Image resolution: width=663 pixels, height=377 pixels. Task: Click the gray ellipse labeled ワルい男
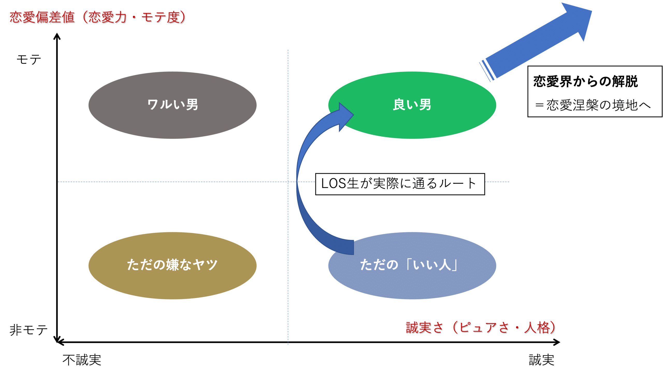172,105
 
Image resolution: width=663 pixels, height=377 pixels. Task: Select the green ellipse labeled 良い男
412,105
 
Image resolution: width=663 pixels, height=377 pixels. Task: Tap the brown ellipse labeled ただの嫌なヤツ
172,265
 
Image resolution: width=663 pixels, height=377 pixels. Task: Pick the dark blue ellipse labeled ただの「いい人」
412,265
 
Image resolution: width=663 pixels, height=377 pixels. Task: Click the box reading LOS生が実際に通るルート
400,184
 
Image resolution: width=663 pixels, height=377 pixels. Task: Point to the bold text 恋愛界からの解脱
585,82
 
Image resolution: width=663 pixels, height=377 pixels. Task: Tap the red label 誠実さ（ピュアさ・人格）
481,328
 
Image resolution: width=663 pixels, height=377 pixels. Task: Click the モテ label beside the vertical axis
29,60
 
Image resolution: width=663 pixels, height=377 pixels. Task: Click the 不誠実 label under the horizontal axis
82,360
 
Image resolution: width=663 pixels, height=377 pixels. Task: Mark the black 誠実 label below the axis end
541,360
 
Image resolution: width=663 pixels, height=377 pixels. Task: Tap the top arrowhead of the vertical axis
57,36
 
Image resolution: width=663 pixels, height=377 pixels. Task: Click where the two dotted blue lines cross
288,182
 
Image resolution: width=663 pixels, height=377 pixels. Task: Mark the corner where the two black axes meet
57,342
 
